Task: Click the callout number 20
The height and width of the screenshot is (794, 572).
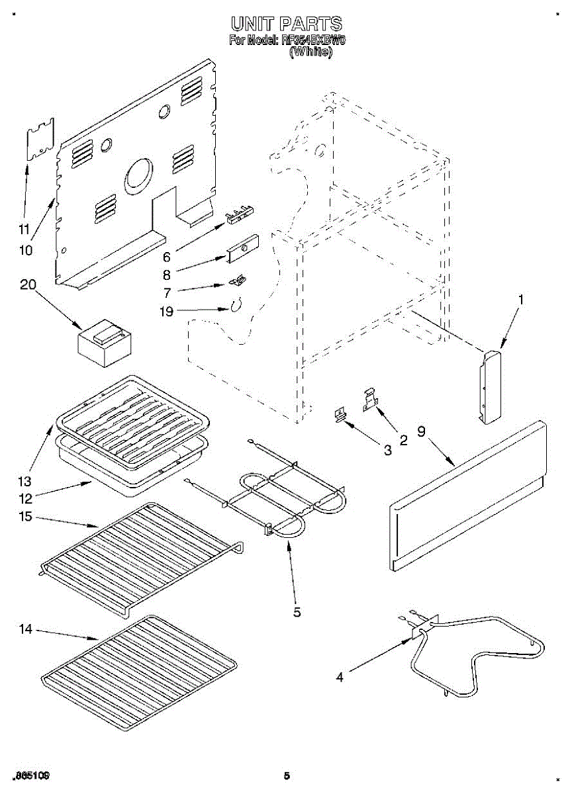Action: tap(28, 285)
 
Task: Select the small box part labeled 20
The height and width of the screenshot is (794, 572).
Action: tap(105, 343)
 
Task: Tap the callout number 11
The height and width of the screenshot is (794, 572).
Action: tap(24, 230)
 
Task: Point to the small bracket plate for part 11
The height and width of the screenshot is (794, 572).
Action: tap(40, 139)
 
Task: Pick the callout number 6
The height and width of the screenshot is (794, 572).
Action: tap(167, 257)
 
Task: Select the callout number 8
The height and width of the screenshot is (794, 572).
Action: tap(167, 275)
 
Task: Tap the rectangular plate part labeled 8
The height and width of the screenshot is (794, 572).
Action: tap(242, 249)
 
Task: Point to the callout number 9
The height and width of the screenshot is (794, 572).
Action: tap(421, 431)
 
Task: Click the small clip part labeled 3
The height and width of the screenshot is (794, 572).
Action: tap(340, 416)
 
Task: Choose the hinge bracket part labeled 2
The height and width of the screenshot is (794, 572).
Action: tap(370, 401)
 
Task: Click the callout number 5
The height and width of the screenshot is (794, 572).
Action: tap(297, 612)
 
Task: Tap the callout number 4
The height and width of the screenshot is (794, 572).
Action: tap(340, 677)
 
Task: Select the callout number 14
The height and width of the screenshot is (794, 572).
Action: tap(25, 629)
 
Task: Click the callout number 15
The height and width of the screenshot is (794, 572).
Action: tap(25, 517)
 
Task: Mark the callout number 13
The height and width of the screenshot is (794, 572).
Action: tap(25, 480)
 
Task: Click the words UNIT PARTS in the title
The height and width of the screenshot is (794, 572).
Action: tap(286, 25)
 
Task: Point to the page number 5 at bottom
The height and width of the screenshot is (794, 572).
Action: tap(287, 775)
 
